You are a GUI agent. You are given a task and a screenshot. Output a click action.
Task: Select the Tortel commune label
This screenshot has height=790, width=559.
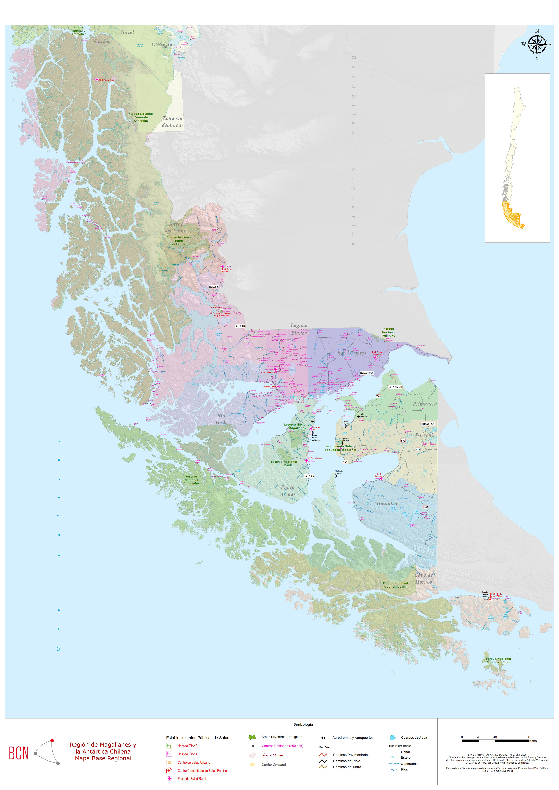pyautogui.click(x=127, y=32)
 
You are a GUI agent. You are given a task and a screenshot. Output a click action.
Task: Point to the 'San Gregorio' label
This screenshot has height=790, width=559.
pyautogui.click(x=352, y=353)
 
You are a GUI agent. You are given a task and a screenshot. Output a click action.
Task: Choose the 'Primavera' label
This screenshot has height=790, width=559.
pyautogui.click(x=425, y=404)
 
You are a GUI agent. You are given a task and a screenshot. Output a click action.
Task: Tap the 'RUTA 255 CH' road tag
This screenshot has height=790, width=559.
pyautogui.click(x=366, y=373)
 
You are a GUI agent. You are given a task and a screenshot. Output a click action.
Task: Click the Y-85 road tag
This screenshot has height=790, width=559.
pyautogui.click(x=426, y=507)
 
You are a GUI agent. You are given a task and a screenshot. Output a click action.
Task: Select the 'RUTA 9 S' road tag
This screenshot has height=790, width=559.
pyautogui.click(x=309, y=476)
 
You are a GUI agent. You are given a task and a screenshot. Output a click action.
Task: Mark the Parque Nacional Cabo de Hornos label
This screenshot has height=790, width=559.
pyautogui.click(x=498, y=661)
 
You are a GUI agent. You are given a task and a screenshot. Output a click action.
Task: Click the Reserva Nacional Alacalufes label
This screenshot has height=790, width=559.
pyautogui.click(x=191, y=480)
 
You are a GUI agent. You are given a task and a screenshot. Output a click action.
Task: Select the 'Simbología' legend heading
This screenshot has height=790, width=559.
pyautogui.click(x=303, y=724)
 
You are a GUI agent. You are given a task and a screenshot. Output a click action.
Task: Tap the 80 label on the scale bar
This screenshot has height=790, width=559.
pyautogui.click(x=528, y=737)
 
